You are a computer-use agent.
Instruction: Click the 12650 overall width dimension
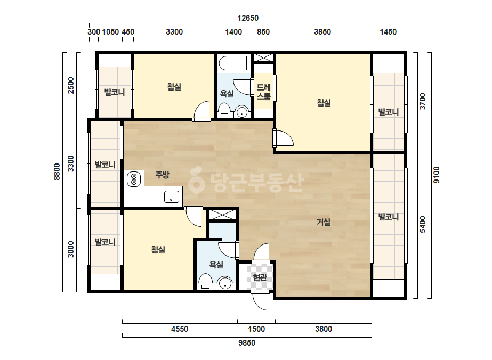pyautogui.click(x=247, y=18)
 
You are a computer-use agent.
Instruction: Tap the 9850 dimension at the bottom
pyautogui.click(x=247, y=343)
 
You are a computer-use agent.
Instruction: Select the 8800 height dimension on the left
pyautogui.click(x=57, y=171)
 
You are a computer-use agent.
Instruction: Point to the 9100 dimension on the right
pyautogui.click(x=437, y=175)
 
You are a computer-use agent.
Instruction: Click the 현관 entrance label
pyautogui.click(x=260, y=277)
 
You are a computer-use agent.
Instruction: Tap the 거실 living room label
pyautogui.click(x=324, y=222)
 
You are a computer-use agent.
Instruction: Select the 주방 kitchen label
pyautogui.click(x=162, y=174)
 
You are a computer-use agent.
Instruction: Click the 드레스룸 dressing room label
pyautogui.click(x=263, y=92)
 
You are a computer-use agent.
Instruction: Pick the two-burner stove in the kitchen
pyautogui.click(x=134, y=179)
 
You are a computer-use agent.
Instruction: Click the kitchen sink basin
pyautogui.click(x=172, y=197)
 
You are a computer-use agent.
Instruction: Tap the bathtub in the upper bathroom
pyautogui.click(x=233, y=63)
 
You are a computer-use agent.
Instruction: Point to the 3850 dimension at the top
pyautogui.click(x=322, y=31)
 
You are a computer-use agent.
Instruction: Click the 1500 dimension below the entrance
pyautogui.click(x=256, y=329)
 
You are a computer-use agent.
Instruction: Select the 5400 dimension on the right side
pyautogui.click(x=423, y=224)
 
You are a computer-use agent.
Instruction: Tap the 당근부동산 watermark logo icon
pyautogui.click(x=196, y=181)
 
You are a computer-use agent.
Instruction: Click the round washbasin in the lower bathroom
pyautogui.click(x=225, y=283)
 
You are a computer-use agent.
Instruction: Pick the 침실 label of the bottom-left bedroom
pyautogui.click(x=158, y=250)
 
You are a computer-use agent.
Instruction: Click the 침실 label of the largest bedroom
pyautogui.click(x=324, y=103)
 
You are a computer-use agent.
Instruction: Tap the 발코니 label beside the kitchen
pyautogui.click(x=105, y=165)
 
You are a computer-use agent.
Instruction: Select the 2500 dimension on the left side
pyautogui.click(x=71, y=85)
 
